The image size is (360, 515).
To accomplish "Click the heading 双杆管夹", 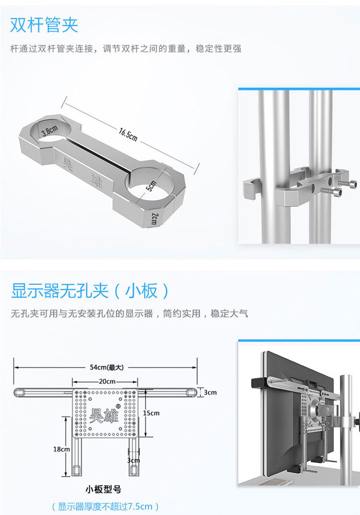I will [44, 25].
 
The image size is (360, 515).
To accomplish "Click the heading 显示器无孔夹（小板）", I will [90, 291].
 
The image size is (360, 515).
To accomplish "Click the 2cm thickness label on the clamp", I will [153, 219].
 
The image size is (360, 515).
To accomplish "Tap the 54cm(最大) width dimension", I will [107, 367].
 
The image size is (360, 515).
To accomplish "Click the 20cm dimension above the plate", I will [107, 382].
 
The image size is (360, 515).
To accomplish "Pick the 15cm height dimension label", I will [151, 413].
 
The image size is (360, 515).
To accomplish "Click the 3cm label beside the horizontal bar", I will [209, 392].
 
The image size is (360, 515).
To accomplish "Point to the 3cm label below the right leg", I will [133, 460].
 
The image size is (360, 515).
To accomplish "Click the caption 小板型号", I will [103, 490].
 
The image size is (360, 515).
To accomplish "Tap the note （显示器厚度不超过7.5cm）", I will [105, 506].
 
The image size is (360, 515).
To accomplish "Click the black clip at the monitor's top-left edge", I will [260, 383].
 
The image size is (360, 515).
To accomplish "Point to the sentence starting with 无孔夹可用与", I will [130, 314].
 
